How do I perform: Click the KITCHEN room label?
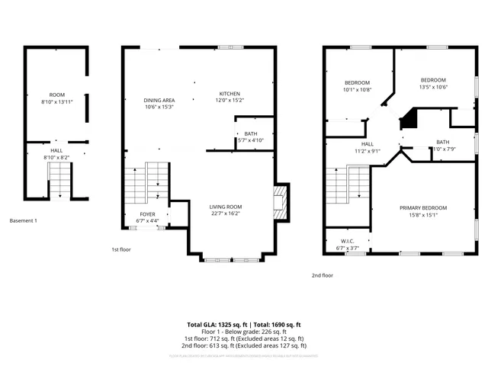230,93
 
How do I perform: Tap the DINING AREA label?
159,100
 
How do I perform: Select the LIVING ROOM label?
226,207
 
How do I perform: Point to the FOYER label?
147,214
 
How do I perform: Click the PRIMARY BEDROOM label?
423,207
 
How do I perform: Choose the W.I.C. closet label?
346,241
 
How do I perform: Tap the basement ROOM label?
56,95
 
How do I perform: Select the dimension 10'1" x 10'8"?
357,89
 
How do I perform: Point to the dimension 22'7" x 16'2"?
226,213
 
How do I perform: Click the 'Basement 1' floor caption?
23,221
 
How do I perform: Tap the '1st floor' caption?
122,249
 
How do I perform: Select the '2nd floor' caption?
322,275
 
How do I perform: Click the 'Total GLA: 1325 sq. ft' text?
218,325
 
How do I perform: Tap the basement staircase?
59,183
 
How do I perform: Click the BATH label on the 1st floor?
251,134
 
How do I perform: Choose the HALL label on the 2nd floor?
367,144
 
